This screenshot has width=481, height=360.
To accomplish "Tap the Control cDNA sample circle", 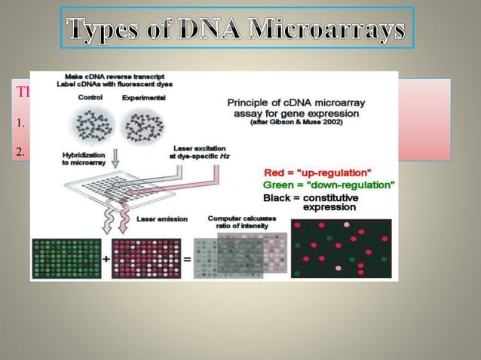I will pos(90,124).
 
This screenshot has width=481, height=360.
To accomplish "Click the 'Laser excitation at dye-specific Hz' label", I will pos(205,151).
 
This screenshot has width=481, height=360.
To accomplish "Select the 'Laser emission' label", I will pos(158,219).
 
